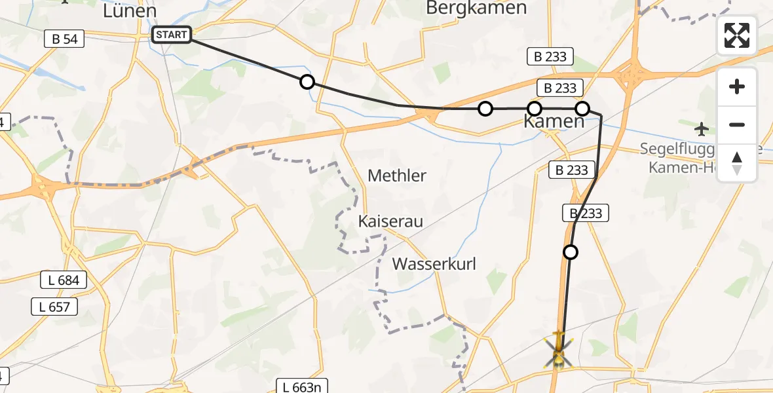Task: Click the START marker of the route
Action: pyautogui.click(x=172, y=35)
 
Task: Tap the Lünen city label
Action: pyautogui.click(x=130, y=11)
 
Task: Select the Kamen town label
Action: pyautogui.click(x=554, y=121)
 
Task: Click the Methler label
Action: pyautogui.click(x=397, y=176)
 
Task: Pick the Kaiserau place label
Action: pyautogui.click(x=390, y=221)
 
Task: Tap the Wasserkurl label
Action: pyautogui.click(x=434, y=264)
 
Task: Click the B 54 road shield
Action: pyautogui.click(x=65, y=39)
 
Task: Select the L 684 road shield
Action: pyautogui.click(x=64, y=280)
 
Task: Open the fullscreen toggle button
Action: pyautogui.click(x=737, y=35)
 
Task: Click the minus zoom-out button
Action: pyautogui.click(x=737, y=124)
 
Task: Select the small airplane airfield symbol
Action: pyautogui.click(x=702, y=128)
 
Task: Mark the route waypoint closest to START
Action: pyautogui.click(x=307, y=82)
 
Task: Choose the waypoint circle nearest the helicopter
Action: pyautogui.click(x=571, y=252)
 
